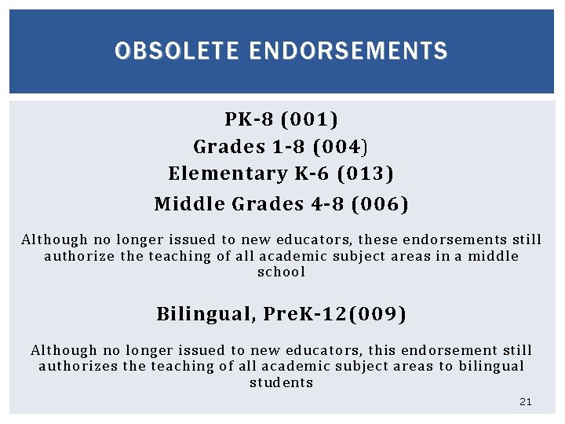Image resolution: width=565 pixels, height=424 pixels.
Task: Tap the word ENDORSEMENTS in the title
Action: point(348,52)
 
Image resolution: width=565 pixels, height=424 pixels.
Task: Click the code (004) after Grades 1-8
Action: point(341,147)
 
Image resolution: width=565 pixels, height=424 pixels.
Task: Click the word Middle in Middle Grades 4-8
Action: point(189,205)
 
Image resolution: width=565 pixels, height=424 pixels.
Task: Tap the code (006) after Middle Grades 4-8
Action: point(380,205)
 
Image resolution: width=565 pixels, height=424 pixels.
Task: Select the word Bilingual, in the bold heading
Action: point(206,315)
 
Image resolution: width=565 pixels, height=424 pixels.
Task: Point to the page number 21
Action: point(526,402)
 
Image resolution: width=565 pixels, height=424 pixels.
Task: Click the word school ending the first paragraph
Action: point(282,272)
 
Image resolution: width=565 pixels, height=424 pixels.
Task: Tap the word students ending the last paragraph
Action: point(282,383)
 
